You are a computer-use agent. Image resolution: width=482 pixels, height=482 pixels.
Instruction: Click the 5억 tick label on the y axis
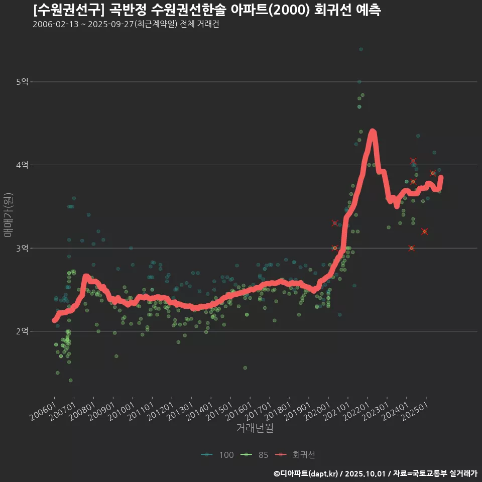click(21, 82)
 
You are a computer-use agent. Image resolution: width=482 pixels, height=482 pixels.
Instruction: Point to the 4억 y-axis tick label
click(21, 165)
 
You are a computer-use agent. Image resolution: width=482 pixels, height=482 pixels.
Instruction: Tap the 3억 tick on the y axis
click(21, 249)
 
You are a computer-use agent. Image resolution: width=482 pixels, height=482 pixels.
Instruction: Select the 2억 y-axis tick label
click(21, 331)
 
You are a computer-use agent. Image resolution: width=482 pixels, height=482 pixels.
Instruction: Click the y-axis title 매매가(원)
click(8, 214)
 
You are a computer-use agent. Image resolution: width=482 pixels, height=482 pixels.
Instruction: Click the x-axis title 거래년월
click(255, 428)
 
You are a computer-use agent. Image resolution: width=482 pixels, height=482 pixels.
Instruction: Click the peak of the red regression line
click(372, 132)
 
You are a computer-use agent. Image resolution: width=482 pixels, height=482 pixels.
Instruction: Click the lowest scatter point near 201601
click(245, 368)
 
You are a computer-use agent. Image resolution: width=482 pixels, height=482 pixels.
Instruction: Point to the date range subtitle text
click(126, 24)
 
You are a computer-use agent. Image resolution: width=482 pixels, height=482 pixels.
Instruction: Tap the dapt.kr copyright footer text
click(376, 473)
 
